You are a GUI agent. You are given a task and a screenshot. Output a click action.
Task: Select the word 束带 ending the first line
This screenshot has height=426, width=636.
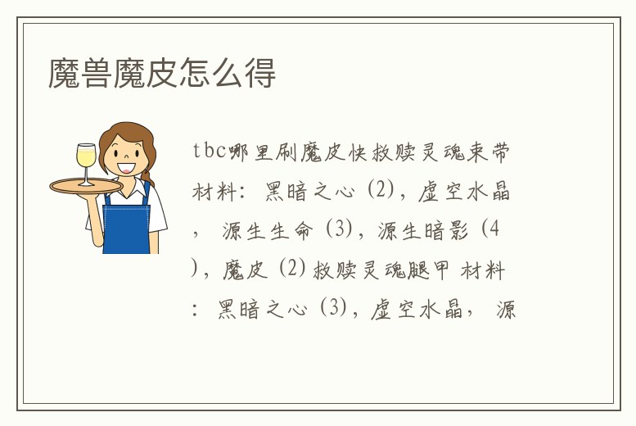(x=492, y=152)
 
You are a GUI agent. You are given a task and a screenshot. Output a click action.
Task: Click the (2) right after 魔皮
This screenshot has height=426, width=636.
(x=292, y=270)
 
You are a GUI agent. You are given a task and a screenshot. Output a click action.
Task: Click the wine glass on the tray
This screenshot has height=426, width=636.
(x=84, y=162)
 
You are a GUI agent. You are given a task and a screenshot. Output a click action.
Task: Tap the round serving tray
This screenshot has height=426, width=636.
(x=86, y=185)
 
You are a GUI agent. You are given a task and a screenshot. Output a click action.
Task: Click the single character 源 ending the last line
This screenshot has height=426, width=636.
(x=505, y=310)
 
